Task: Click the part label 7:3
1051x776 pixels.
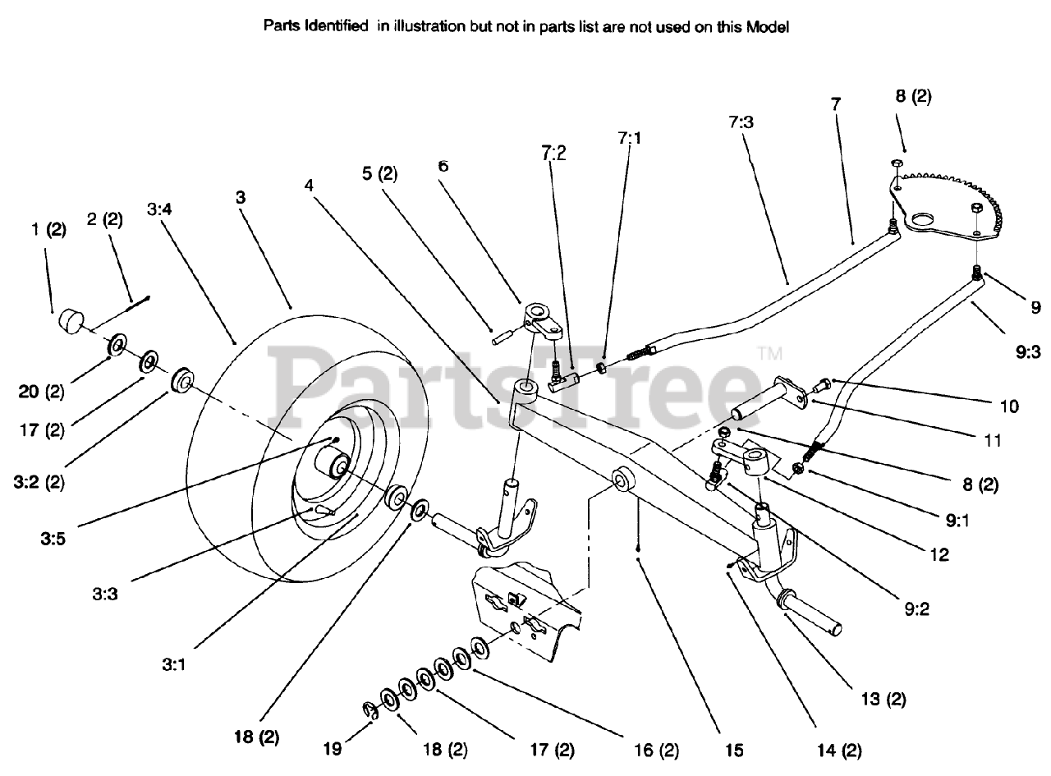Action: [740, 122]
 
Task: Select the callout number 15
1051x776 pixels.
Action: [733, 749]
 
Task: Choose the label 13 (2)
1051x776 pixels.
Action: [883, 699]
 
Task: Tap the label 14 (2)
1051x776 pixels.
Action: [839, 749]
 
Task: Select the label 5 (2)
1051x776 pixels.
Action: [379, 173]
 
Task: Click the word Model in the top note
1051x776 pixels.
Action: [768, 26]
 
